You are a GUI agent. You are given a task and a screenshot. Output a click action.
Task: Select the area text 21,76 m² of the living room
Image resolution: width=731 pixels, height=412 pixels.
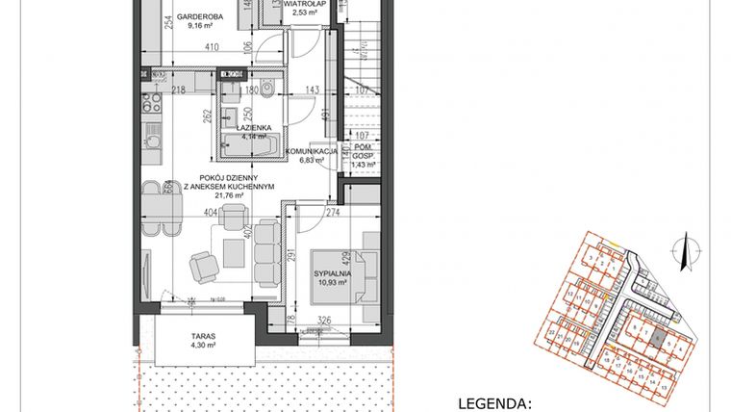point(221,196)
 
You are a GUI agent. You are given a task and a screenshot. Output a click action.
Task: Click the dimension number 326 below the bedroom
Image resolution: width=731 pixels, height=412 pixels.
point(325,320)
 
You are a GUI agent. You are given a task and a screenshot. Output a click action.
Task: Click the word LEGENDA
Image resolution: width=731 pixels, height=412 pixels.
point(494,403)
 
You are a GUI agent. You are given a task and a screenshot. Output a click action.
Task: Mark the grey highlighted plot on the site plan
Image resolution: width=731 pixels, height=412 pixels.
point(657,339)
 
